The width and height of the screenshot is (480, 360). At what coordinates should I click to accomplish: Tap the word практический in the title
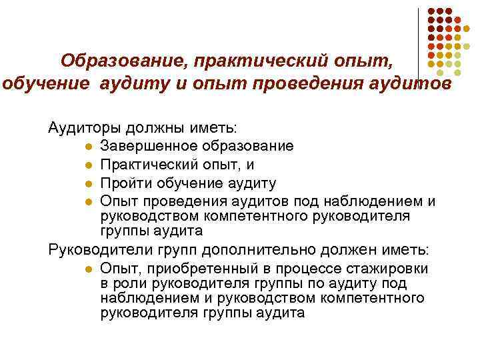252,62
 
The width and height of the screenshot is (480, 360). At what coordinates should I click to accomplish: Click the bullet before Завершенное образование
88,146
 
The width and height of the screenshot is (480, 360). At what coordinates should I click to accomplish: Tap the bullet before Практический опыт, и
88,165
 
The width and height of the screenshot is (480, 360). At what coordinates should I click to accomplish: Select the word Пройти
121,183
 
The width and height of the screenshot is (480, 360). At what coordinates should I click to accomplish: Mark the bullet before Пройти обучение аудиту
88,183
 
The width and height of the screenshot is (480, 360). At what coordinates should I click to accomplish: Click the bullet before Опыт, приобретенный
88,269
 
